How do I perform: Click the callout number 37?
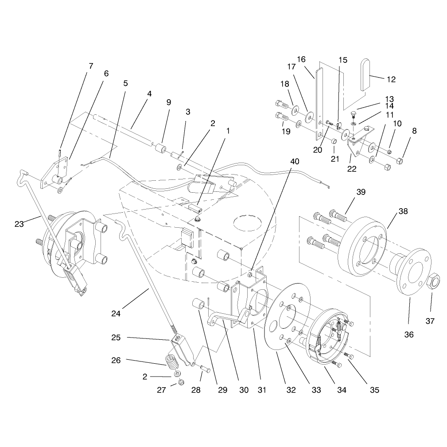[x=430, y=321]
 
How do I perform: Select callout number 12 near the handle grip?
[x=392, y=80]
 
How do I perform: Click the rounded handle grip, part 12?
[x=365, y=75]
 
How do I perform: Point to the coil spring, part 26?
[x=172, y=361]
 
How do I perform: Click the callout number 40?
[x=295, y=162]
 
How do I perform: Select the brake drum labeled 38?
[x=361, y=246]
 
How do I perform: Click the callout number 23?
[x=19, y=224]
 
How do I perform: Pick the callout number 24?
[x=116, y=314]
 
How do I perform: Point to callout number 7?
[x=91, y=66]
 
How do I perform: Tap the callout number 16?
[x=301, y=59]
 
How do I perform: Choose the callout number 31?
[x=262, y=390]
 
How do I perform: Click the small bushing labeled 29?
[x=199, y=304]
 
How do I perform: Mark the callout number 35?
[x=375, y=390]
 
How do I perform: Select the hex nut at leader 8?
[x=400, y=161]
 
